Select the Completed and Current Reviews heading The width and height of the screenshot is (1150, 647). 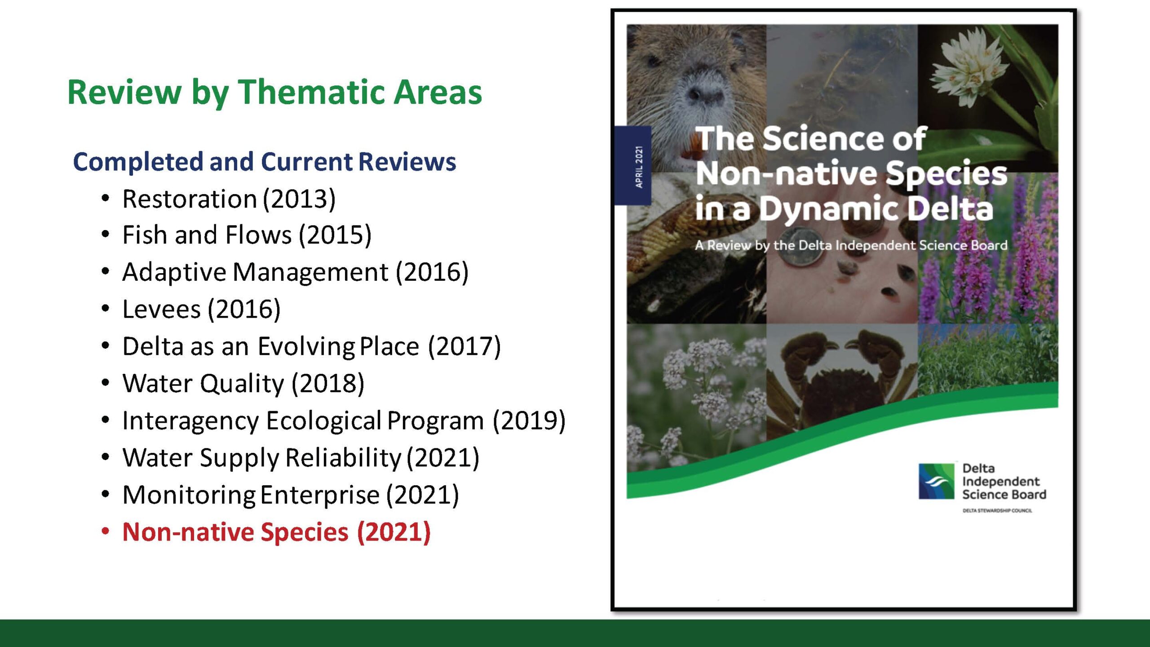click(x=264, y=162)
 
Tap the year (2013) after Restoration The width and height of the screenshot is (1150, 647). click(x=299, y=199)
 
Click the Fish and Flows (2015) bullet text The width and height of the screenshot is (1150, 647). click(x=247, y=235)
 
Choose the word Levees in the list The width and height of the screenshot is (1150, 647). click(x=162, y=309)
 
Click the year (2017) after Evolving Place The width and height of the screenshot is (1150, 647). click(x=464, y=346)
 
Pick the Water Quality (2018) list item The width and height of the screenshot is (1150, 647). click(x=243, y=384)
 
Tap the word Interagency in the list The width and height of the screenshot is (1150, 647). click(x=191, y=421)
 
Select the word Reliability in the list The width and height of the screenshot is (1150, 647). click(x=344, y=458)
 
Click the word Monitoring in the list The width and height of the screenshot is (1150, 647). click(x=189, y=495)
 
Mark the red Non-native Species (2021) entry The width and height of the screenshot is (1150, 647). click(x=277, y=532)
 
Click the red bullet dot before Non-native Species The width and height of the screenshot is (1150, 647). click(x=106, y=532)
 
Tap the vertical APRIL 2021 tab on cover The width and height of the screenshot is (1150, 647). click(x=633, y=166)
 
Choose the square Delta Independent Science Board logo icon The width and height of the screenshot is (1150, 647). click(x=937, y=481)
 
